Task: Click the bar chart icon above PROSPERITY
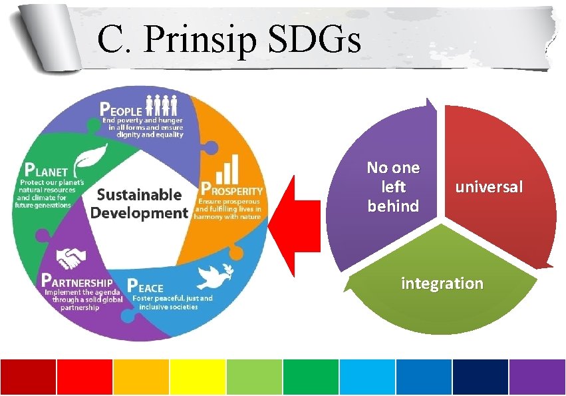pyautogui.click(x=229, y=168)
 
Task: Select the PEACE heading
pyautogui.click(x=145, y=288)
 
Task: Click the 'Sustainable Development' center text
pyautogui.click(x=140, y=204)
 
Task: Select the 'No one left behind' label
pyautogui.click(x=393, y=187)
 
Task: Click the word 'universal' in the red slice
pyautogui.click(x=489, y=187)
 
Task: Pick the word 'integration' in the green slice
pyautogui.click(x=442, y=284)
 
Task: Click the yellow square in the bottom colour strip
pyautogui.click(x=198, y=377)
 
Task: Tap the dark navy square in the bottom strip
pyautogui.click(x=480, y=377)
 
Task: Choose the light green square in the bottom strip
pyautogui.click(x=254, y=377)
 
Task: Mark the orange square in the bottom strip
pyautogui.click(x=141, y=377)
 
